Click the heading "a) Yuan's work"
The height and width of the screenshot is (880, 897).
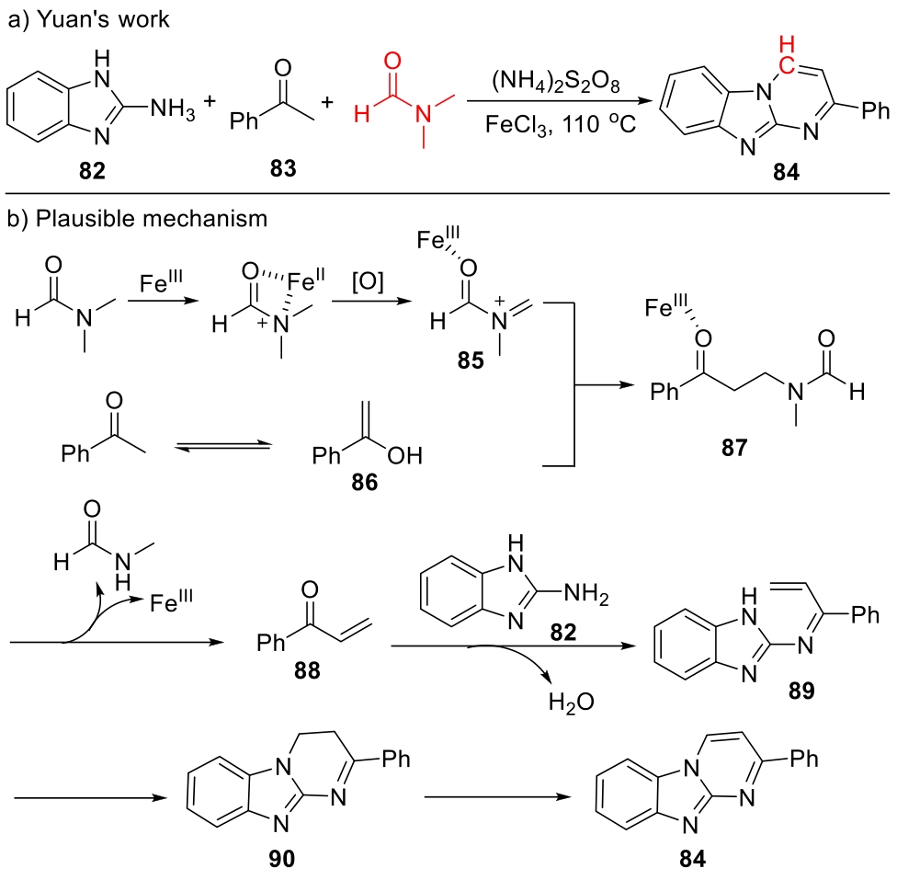(x=88, y=19)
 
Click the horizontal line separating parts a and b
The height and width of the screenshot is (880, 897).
(x=448, y=193)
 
